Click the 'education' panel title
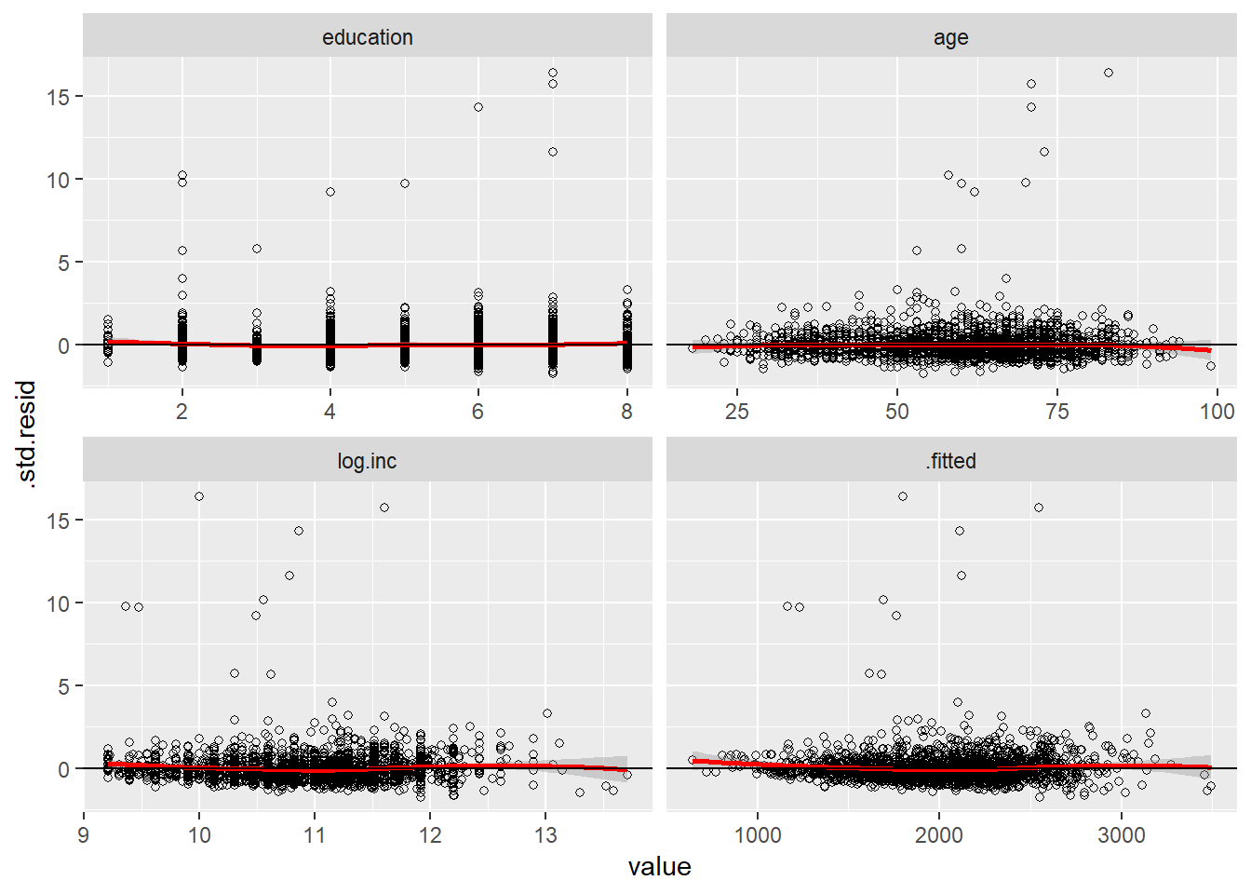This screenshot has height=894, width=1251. tap(367, 37)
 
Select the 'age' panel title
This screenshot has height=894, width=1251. tap(950, 37)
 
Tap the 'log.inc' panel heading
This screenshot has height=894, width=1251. tap(367, 461)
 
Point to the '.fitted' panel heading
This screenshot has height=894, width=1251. tap(950, 461)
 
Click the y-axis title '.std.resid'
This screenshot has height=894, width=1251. tap(27, 434)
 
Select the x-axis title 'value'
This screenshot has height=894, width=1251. tap(659, 867)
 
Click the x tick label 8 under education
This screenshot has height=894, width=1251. tap(626, 412)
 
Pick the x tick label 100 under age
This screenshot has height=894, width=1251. tap(1217, 412)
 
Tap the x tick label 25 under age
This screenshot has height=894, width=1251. tap(737, 412)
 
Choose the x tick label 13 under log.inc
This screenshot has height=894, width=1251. tap(545, 835)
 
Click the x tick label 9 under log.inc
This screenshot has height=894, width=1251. tap(84, 835)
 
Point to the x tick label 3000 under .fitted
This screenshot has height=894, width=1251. tap(1121, 835)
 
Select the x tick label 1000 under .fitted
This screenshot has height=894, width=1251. tap(758, 835)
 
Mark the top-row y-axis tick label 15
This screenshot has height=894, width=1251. tap(58, 97)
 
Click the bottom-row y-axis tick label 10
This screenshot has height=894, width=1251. tap(58, 603)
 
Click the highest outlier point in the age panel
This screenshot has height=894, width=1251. tap(1109, 73)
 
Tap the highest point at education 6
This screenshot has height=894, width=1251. tap(478, 107)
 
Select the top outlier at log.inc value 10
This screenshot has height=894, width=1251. tap(199, 496)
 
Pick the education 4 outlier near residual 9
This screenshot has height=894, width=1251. tap(330, 192)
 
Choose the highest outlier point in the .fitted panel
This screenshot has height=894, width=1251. tap(903, 496)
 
